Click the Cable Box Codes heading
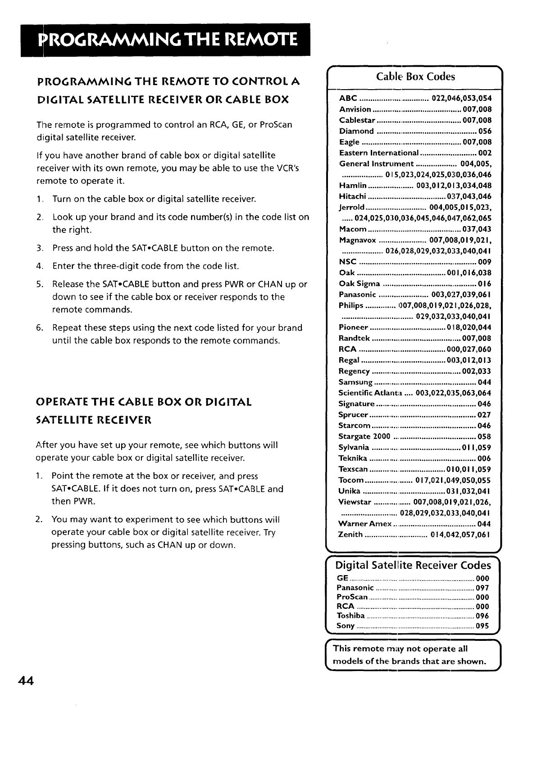click(x=415, y=77)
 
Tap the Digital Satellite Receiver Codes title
click(x=413, y=565)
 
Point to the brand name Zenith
click(x=350, y=535)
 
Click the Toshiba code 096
click(x=482, y=616)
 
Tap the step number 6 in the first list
click(x=39, y=328)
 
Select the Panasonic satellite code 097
click(x=482, y=588)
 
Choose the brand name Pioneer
click(x=354, y=327)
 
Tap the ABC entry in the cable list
click(x=348, y=99)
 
